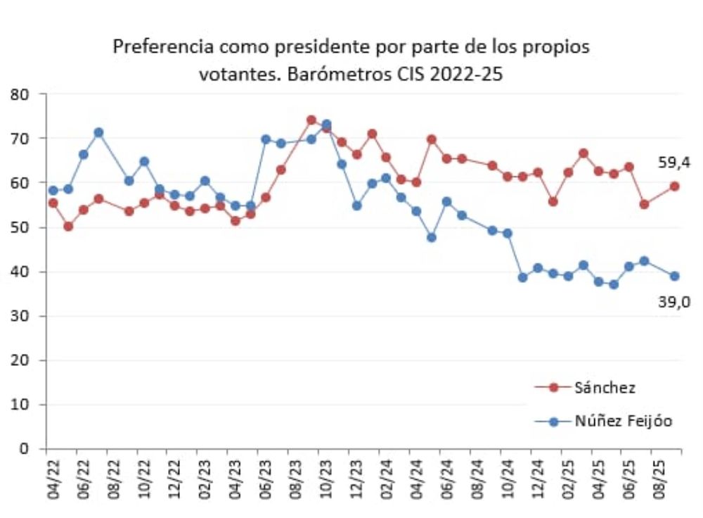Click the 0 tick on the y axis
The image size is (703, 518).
(x=32, y=448)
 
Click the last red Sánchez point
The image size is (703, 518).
(x=674, y=187)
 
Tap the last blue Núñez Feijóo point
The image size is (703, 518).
(x=674, y=276)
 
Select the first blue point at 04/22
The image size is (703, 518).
(x=53, y=190)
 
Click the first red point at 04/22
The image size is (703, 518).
(x=53, y=203)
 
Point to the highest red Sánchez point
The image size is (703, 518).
(x=311, y=120)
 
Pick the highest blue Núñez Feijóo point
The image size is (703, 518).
(x=326, y=125)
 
